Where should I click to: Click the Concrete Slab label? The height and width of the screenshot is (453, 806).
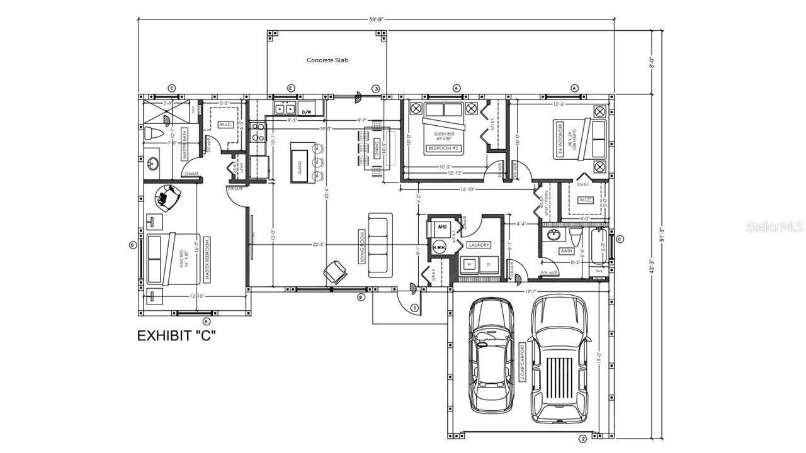[327, 60]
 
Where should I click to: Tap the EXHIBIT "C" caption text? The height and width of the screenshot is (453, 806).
[176, 336]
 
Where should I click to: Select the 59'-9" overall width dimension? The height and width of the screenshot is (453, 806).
[376, 20]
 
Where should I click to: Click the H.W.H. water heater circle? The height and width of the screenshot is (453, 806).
[439, 247]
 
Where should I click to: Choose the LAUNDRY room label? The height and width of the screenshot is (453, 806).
[479, 245]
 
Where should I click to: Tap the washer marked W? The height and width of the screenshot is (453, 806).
[469, 264]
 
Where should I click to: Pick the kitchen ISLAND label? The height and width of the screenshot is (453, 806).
[299, 167]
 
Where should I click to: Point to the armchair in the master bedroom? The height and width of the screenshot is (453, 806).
[168, 196]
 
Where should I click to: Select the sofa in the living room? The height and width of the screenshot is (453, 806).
[380, 245]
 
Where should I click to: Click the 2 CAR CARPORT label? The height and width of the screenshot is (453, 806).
[521, 363]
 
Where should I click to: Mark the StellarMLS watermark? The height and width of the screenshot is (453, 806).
[775, 226]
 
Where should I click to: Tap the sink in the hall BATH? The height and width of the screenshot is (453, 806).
[554, 235]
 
